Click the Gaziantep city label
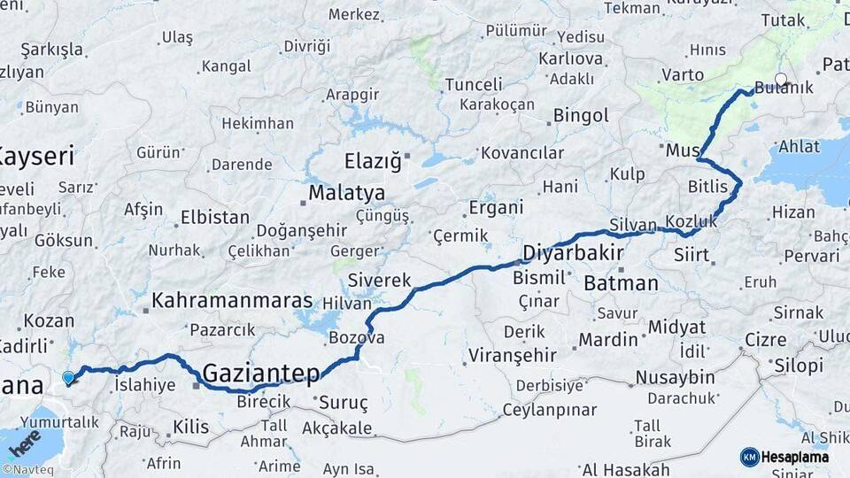[261, 374]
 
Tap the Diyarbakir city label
[574, 253]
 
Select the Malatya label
[347, 193]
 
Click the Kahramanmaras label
[232, 301]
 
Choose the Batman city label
[621, 284]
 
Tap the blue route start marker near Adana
[68, 378]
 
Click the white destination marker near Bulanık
[781, 80]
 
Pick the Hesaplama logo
[785, 457]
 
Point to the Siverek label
[380, 281]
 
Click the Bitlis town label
[707, 187]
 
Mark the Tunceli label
[473, 84]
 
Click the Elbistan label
[214, 217]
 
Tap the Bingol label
[581, 116]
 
